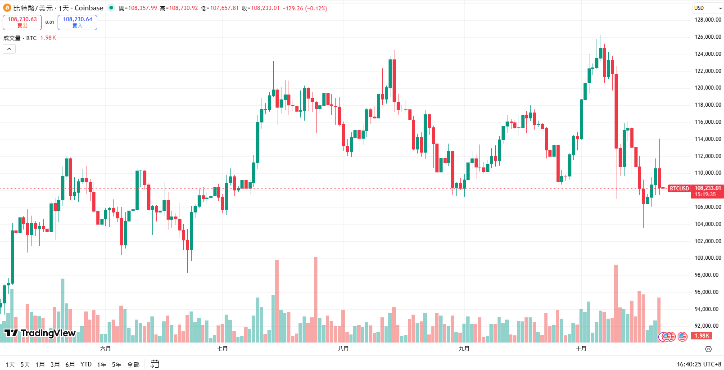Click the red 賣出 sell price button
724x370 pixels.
click(22, 22)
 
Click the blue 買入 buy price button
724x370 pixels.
click(77, 22)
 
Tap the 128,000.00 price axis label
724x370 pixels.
click(708, 20)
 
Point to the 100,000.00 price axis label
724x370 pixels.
click(708, 258)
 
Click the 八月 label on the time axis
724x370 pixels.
click(343, 349)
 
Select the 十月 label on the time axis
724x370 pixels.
click(581, 349)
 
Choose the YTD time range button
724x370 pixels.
click(86, 365)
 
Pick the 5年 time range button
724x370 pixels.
click(117, 365)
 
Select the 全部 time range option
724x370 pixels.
click(133, 365)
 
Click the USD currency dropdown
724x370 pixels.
click(707, 8)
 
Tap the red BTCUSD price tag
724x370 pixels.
click(679, 189)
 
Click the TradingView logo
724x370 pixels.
click(40, 333)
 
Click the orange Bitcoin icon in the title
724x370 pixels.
click(7, 8)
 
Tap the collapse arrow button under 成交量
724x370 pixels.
click(9, 49)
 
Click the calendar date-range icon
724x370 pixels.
click(154, 364)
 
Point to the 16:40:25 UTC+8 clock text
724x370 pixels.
click(699, 364)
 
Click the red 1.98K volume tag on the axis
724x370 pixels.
click(701, 336)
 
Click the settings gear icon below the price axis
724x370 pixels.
click(708, 349)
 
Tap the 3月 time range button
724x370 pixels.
click(55, 365)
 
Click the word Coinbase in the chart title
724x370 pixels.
click(89, 8)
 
